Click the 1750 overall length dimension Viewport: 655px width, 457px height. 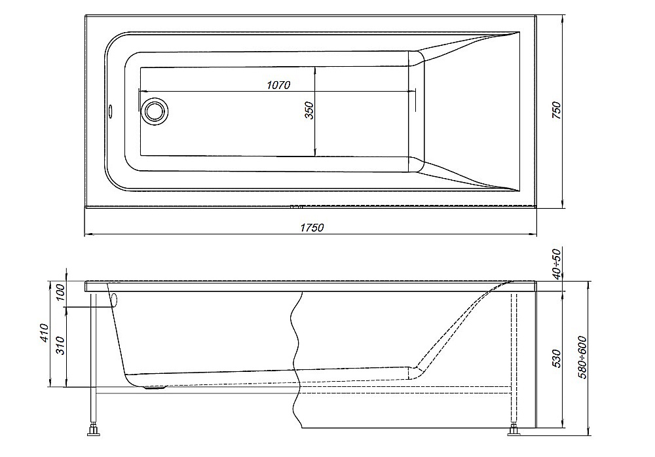click(312, 227)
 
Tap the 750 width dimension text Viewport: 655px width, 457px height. click(557, 110)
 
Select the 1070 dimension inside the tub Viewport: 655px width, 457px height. click(278, 85)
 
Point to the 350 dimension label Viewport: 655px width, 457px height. click(309, 110)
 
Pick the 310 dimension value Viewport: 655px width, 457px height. click(60, 346)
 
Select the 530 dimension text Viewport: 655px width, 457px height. click(557, 359)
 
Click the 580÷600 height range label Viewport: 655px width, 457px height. click(582, 357)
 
